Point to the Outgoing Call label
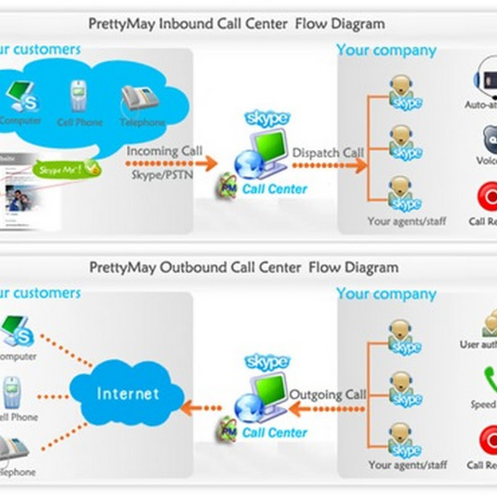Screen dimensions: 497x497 (328, 394)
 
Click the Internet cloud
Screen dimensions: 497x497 (127, 393)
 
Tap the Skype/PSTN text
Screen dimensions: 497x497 (162, 175)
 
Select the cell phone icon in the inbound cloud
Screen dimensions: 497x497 (78, 97)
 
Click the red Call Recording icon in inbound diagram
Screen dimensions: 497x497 (487, 198)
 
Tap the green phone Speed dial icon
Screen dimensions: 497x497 (490, 380)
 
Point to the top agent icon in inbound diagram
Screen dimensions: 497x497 (404, 92)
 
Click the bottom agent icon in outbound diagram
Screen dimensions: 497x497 (404, 438)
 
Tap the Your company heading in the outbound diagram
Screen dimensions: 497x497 (386, 294)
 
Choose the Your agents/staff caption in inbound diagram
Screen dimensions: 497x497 (406, 221)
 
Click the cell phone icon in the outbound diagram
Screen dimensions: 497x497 (12, 393)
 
